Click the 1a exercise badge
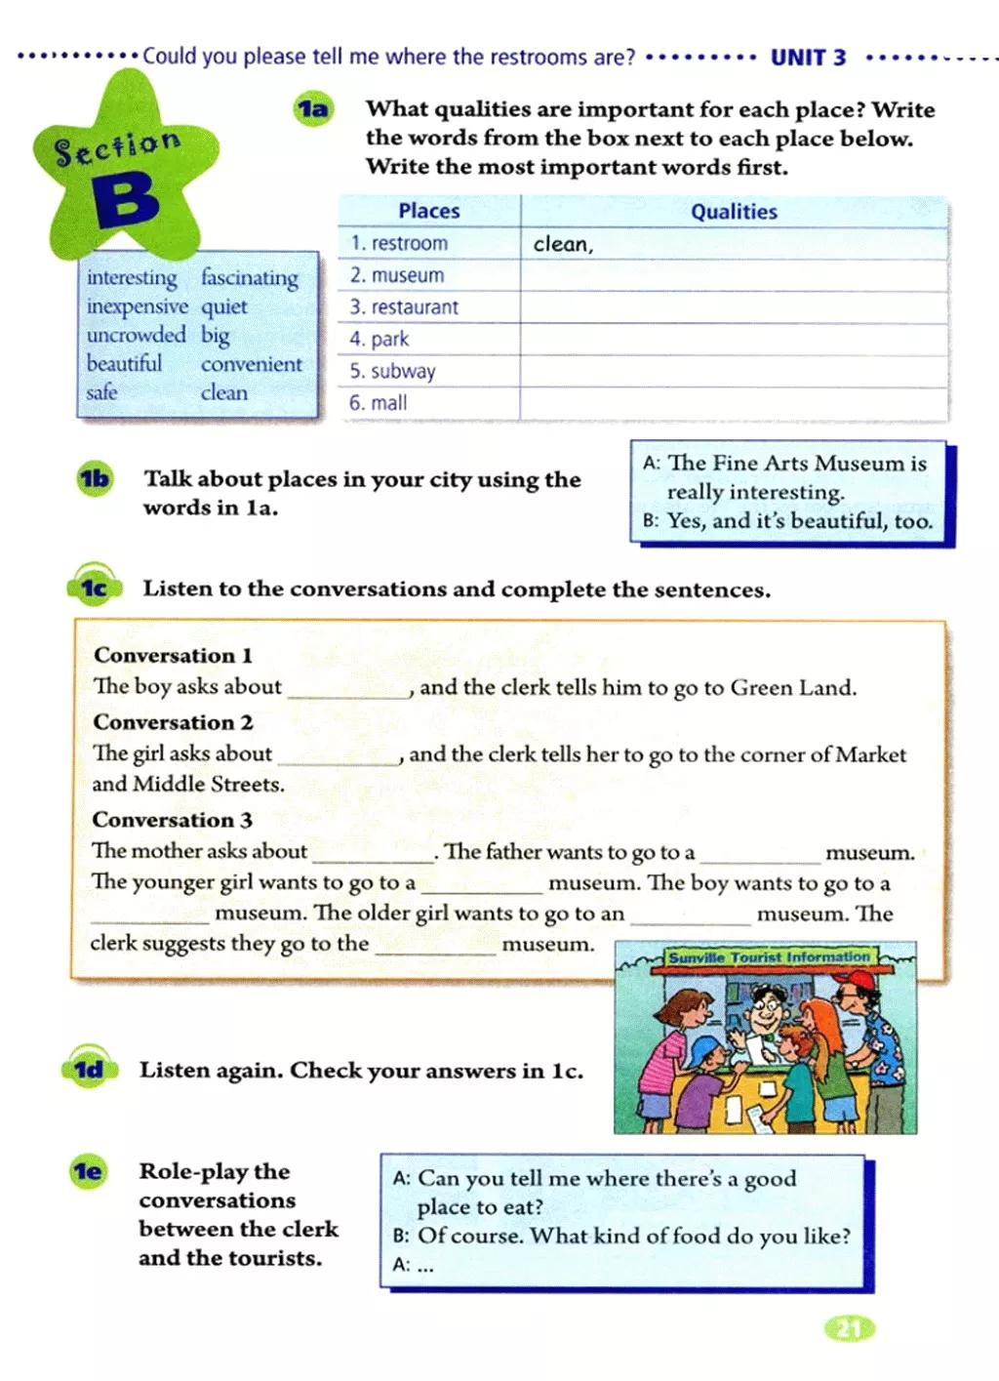tap(313, 108)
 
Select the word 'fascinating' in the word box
tap(250, 278)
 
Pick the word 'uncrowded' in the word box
tap(136, 335)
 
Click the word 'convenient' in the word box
tap(252, 364)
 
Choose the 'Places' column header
tap(428, 211)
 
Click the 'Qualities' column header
tap(734, 212)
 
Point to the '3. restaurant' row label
tap(404, 307)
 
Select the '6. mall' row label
tap(379, 403)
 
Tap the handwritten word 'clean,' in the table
tap(563, 245)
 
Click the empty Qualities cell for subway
tap(734, 372)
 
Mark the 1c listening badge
tap(94, 588)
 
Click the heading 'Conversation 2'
tap(173, 722)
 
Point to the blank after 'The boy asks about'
tap(349, 689)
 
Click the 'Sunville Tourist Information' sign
tap(769, 957)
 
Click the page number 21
tap(850, 1329)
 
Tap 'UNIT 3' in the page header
tap(808, 58)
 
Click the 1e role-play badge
tap(88, 1171)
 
